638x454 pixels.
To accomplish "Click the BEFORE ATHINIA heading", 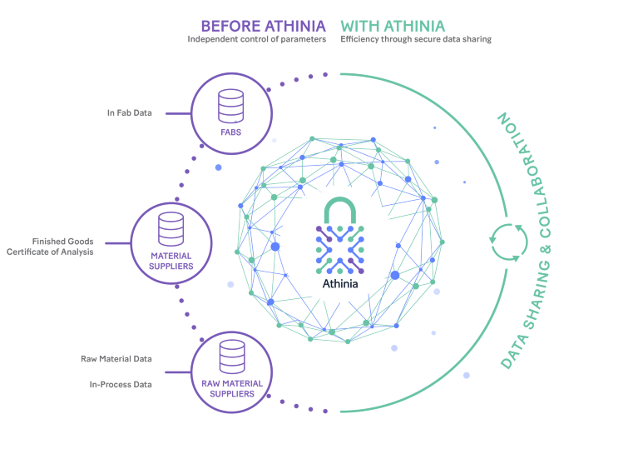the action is (263, 26).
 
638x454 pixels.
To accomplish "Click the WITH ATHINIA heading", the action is (393, 26).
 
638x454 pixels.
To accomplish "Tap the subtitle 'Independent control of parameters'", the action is (257, 39).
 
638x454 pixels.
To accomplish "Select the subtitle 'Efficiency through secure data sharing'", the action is (416, 39).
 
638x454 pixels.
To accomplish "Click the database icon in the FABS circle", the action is (230, 106).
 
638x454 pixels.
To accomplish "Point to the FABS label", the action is (230, 132).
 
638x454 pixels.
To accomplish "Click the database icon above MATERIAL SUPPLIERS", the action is (171, 229).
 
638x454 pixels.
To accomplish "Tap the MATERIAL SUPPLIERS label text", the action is (171, 261).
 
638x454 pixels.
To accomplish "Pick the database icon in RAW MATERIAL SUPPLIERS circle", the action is (232, 357).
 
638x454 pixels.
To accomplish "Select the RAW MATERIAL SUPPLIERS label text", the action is (232, 388).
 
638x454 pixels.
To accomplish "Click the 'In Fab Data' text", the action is (130, 113).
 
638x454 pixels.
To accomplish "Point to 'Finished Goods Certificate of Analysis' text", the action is (50, 247).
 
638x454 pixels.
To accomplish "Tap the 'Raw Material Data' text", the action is (116, 359).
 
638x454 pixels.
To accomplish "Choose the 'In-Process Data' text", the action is (121, 384).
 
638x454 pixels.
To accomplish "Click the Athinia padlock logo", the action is (339, 236).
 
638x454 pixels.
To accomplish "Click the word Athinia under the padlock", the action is (340, 284).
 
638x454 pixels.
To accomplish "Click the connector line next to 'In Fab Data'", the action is (178, 113).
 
